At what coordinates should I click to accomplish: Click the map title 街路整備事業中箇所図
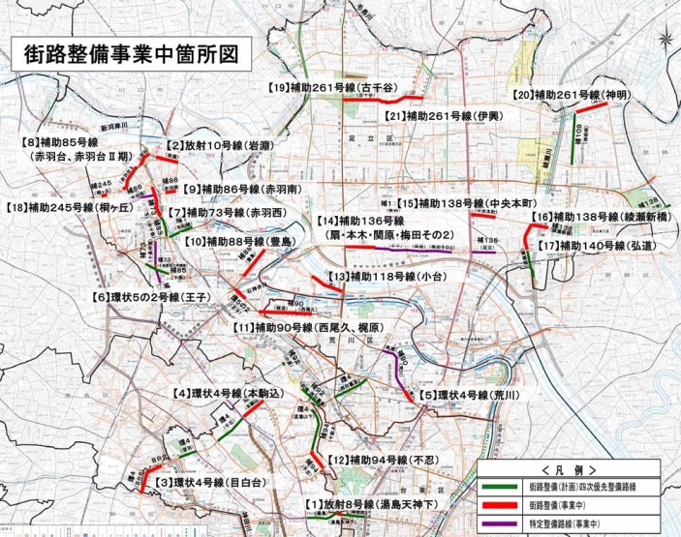click(x=129, y=53)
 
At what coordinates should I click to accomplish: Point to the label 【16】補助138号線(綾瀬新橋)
click(x=603, y=218)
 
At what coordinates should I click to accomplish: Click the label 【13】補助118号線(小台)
click(x=382, y=277)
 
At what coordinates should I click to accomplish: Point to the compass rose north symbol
click(x=664, y=40)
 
